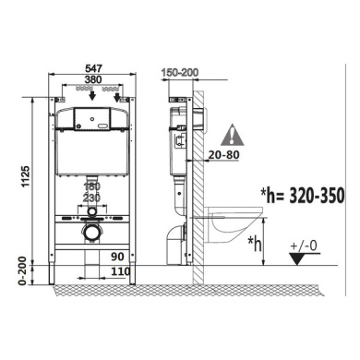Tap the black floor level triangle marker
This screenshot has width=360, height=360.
coord(301,260)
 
